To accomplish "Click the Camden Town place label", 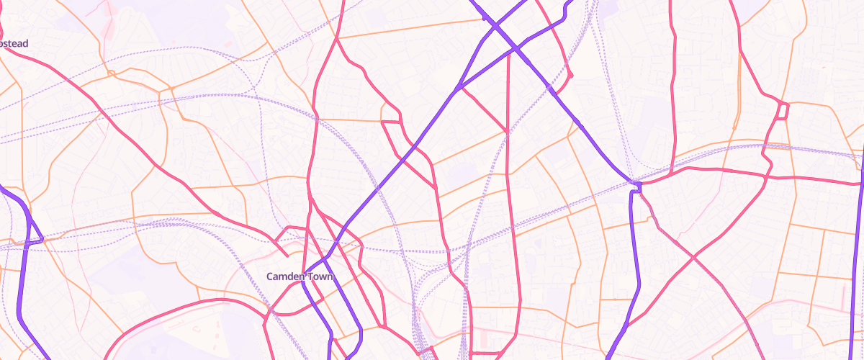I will click(300, 276).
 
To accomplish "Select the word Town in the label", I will click(320, 276).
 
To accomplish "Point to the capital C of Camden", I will click(270, 276).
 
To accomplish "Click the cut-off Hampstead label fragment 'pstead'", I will click(14, 44).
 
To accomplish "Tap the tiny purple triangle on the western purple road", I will click(38, 238).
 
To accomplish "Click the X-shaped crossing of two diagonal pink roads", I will click(693, 256).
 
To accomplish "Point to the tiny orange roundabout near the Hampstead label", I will click(110, 73).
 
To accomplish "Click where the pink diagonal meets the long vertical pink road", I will click(508, 131).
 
